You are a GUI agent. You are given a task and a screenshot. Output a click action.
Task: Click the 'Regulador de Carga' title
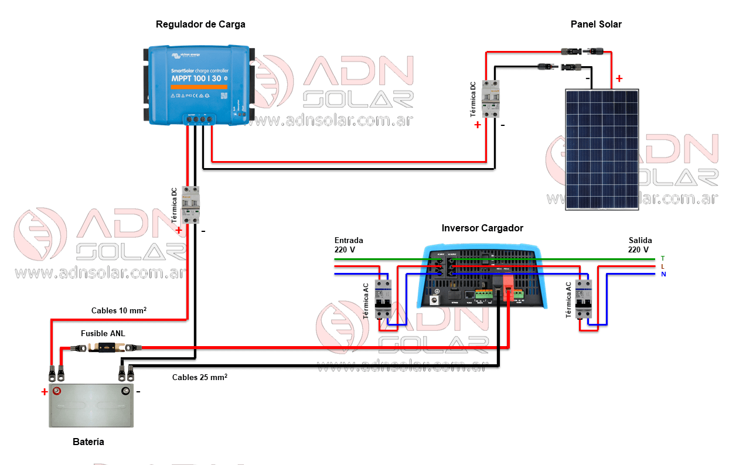pos(200,25)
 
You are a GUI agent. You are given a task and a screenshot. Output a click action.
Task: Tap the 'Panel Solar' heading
pos(596,25)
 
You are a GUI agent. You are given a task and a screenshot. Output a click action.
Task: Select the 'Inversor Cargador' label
pos(482,228)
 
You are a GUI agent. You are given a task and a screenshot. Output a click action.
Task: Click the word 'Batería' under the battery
pos(88,442)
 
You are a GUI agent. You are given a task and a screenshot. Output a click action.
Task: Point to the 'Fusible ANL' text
pos(103,334)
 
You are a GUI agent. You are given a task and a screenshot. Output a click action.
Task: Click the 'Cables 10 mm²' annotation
pos(118,310)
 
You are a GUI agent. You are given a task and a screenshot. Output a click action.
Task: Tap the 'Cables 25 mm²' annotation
pos(199,377)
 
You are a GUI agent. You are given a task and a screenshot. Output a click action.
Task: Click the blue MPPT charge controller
pos(199,84)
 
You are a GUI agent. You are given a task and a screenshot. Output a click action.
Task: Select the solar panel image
pos(602,149)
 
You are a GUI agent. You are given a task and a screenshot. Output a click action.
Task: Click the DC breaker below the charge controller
pos(191,205)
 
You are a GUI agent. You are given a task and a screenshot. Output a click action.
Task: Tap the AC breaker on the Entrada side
pos(383,299)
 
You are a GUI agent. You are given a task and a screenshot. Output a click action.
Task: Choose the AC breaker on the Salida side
pos(584,299)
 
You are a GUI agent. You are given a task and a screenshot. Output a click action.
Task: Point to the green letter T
pos(663,258)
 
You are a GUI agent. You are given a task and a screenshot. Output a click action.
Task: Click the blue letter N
pos(663,274)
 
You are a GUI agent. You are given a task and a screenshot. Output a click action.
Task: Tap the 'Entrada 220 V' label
pos(349,245)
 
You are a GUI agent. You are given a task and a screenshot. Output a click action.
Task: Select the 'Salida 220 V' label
pos(640,245)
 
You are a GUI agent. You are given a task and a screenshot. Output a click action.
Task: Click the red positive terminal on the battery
pos(57,391)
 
